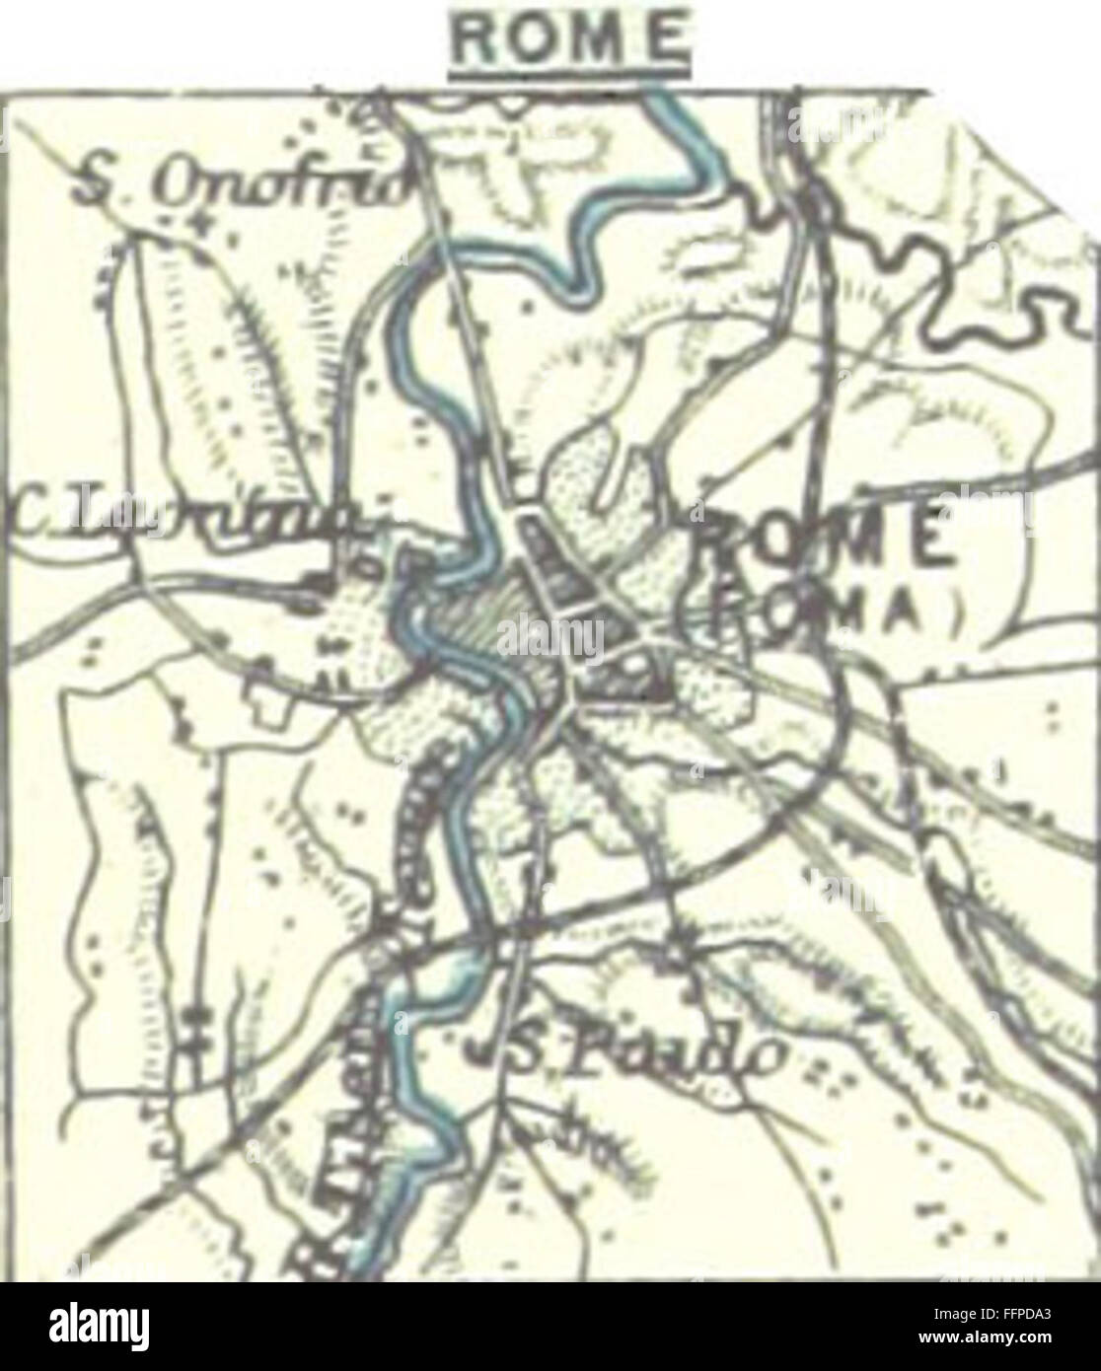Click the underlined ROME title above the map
coord(568,39)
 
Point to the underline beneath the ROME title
coord(568,71)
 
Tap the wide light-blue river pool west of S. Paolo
coord(414,986)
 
